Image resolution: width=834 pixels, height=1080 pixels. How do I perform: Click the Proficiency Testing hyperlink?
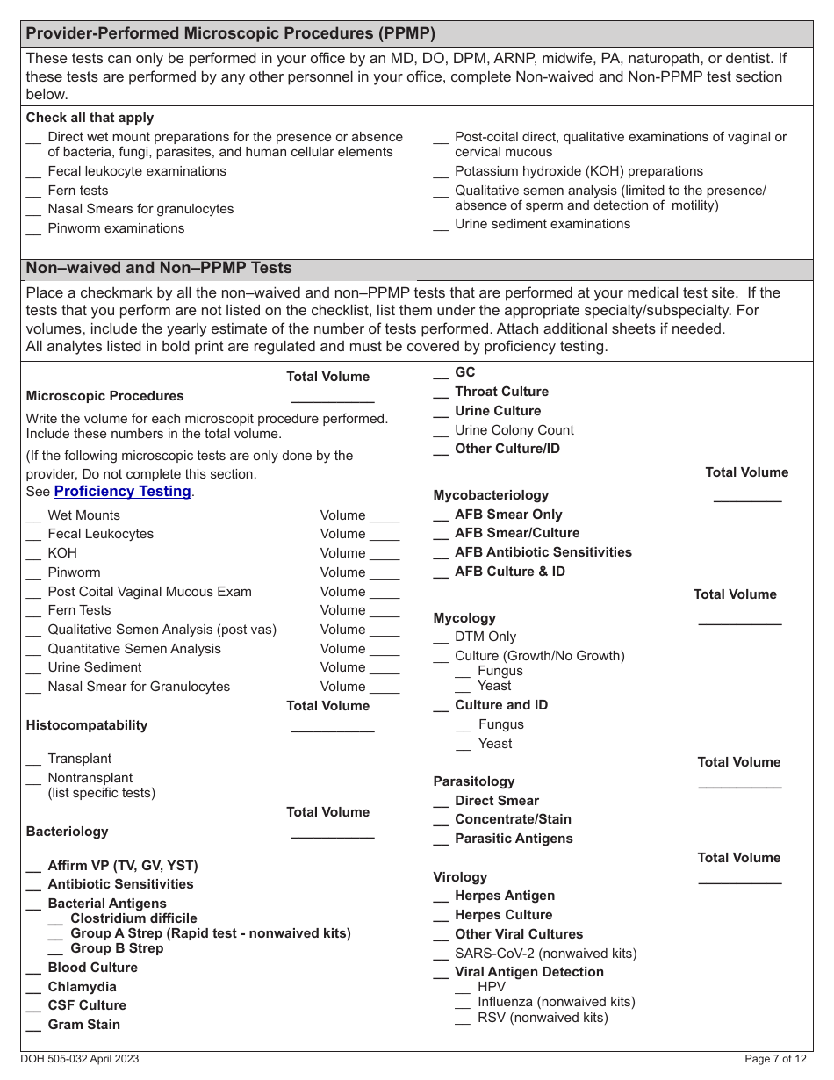[x=122, y=492]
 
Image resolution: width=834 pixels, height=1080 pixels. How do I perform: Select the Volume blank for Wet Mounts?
[x=384, y=517]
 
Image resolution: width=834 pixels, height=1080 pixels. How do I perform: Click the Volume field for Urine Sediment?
[x=384, y=669]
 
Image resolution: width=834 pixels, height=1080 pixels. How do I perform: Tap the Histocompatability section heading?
[x=87, y=725]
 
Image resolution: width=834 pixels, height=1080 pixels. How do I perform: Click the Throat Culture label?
[x=501, y=392]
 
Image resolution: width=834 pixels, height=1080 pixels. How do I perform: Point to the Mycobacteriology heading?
[x=491, y=495]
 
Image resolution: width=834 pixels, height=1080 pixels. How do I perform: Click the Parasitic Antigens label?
[x=514, y=839]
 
